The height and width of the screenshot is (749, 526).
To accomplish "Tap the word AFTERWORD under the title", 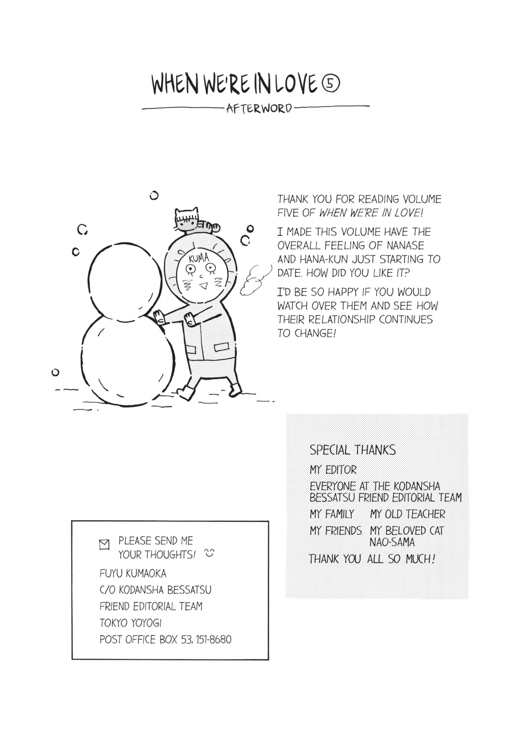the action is coord(259,108).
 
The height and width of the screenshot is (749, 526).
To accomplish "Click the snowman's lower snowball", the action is coord(128,360).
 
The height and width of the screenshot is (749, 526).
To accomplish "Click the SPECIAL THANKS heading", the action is coord(352,450).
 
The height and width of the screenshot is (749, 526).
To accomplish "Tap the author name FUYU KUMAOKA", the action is coord(132,573).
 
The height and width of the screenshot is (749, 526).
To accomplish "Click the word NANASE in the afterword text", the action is coord(405,245).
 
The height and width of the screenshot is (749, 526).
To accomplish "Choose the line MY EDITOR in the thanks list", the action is coord(333,470).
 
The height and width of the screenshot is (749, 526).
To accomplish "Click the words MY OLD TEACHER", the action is coord(407,514).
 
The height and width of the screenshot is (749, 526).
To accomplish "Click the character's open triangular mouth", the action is coord(203,286).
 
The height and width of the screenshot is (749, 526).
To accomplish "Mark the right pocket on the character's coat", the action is coord(221,347).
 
